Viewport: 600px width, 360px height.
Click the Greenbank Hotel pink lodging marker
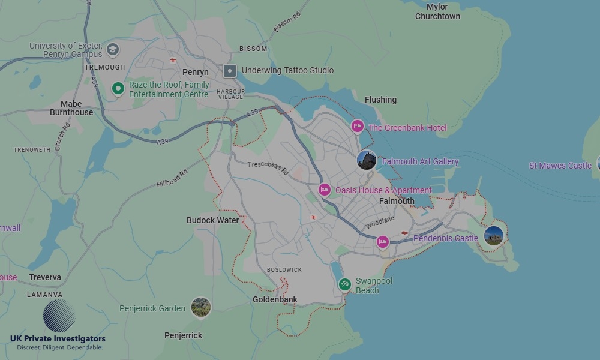click(x=358, y=126)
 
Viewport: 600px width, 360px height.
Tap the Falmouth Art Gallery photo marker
click(x=366, y=160)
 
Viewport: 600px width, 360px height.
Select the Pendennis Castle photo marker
click(x=493, y=236)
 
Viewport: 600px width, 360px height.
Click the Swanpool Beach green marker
click(x=344, y=284)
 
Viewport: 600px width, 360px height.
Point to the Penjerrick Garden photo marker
click(x=201, y=307)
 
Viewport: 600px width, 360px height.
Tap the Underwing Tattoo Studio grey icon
click(x=229, y=71)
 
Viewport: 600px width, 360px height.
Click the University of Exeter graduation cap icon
click(x=112, y=49)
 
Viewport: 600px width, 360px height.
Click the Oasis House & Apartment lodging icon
click(x=325, y=190)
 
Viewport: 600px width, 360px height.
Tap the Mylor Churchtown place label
click(x=437, y=11)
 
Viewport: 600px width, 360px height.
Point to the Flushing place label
click(x=380, y=100)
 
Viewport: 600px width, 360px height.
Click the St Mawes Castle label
click(x=560, y=166)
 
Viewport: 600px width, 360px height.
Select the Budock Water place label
click(x=212, y=220)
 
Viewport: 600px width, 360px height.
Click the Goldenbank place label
click(x=275, y=299)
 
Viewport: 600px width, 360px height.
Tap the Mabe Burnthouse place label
click(x=71, y=108)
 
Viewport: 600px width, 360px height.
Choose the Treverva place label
click(x=44, y=277)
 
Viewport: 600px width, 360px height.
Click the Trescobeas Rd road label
click(x=268, y=168)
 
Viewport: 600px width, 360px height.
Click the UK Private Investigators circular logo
click(x=59, y=316)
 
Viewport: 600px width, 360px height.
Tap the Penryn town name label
click(x=195, y=72)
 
